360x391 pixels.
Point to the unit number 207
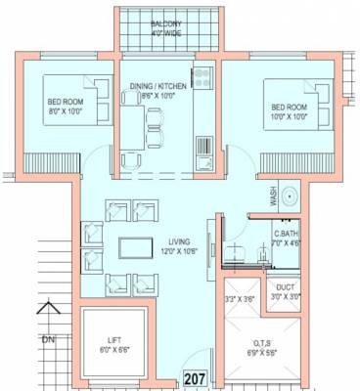tap(194, 377)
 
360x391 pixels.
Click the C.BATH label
tap(286, 234)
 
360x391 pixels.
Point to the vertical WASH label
tap(274, 199)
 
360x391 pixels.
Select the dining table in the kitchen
tap(154, 122)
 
